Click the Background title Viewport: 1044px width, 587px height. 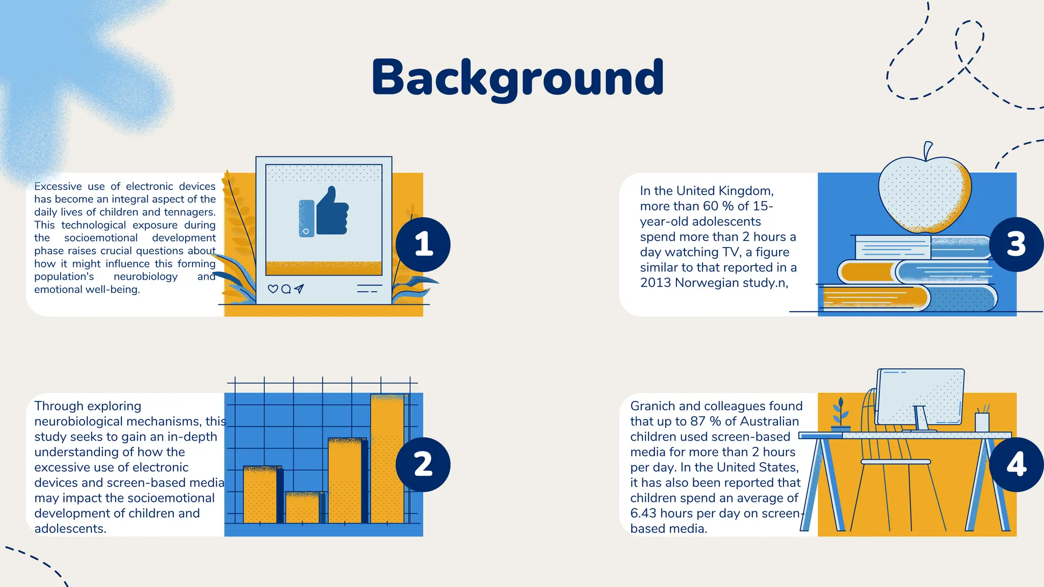[x=517, y=77]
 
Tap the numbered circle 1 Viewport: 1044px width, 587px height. [x=423, y=245]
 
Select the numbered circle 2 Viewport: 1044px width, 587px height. [x=423, y=464]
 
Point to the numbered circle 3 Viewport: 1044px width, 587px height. [x=1016, y=245]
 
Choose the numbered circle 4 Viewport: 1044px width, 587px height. [x=1016, y=464]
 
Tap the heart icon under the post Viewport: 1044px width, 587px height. [x=273, y=289]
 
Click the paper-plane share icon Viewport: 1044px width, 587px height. [x=299, y=289]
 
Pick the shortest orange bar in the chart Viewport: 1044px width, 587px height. [x=303, y=508]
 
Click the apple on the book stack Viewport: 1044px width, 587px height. [x=924, y=195]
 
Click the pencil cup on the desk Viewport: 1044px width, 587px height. [x=982, y=421]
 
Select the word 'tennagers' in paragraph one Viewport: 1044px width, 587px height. [x=189, y=212]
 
